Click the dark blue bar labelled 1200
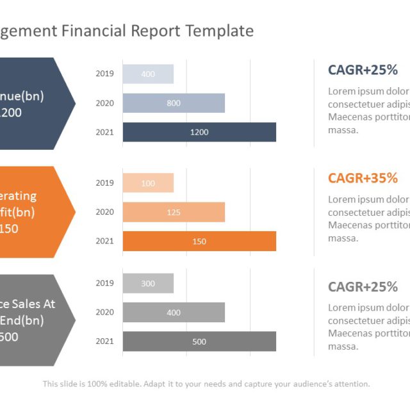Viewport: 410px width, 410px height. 199,132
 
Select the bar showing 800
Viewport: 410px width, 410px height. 174,103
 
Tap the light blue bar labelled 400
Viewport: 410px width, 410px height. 148,74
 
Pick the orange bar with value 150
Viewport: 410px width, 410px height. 199,241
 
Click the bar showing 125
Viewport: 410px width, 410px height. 174,212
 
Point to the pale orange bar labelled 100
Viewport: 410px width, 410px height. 148,183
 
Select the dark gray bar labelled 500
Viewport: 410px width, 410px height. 199,341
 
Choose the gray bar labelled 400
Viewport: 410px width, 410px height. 174,313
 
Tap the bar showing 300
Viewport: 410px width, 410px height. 148,283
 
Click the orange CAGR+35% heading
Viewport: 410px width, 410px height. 363,178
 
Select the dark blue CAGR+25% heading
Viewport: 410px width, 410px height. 363,70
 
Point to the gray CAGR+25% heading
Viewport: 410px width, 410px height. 363,286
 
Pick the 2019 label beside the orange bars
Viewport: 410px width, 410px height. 104,183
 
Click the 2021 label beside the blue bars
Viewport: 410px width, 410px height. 104,132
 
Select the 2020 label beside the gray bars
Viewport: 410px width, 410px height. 104,313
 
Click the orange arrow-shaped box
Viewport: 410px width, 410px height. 32,211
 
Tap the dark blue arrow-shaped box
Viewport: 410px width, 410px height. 32,103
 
